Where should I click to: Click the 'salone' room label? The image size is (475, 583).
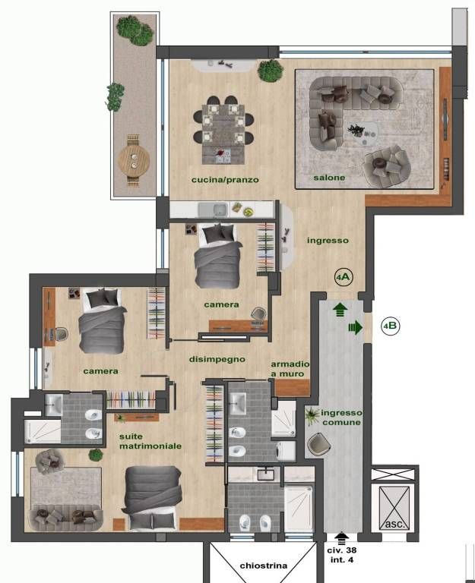point(329,178)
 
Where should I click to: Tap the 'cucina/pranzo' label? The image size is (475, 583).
point(225,180)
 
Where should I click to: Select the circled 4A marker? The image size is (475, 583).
point(344,277)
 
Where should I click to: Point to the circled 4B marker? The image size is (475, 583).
point(390,326)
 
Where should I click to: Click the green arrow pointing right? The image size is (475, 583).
point(355,327)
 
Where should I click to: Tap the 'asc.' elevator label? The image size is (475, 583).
point(394,524)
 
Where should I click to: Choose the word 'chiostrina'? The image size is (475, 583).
point(264,566)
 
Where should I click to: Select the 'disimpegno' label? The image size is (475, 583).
point(217,360)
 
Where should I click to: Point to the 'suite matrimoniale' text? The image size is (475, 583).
point(150,441)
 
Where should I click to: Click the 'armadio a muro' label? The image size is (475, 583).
point(290,369)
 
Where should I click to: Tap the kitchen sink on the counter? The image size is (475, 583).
point(213,210)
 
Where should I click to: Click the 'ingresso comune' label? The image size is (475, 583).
point(341,418)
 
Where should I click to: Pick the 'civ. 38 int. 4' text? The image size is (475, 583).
point(342,555)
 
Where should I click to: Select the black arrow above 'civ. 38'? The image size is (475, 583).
point(341,538)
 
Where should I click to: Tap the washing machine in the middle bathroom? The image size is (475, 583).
point(286,450)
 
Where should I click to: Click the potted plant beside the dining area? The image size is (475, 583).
point(270,71)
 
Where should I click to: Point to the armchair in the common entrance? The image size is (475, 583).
point(319,444)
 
